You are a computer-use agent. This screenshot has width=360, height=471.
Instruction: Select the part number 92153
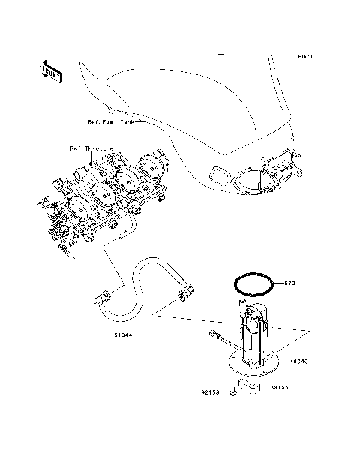coord(209,391)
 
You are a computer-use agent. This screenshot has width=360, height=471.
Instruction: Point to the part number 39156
coord(280,388)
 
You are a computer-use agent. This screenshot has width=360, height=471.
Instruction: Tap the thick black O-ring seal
coord(252,283)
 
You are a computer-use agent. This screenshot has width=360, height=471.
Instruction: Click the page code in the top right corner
coord(304,56)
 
